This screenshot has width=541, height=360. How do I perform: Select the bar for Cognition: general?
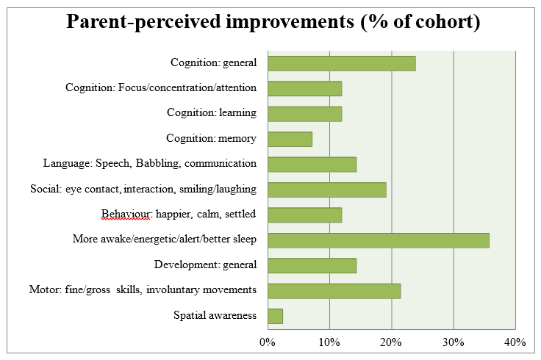coord(342,63)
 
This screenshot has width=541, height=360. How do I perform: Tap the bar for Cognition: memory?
coord(290,139)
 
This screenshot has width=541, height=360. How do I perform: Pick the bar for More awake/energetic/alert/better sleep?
coord(379,240)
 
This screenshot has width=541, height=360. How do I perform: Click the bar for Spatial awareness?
coord(276,315)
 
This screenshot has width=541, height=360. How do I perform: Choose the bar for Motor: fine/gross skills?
coord(334,290)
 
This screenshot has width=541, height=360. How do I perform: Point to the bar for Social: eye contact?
coord(327,190)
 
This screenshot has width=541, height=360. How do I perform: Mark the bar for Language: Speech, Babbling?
coord(312,164)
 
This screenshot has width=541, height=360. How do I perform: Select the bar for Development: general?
coord(312,265)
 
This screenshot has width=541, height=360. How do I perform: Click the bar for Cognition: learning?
coord(305,114)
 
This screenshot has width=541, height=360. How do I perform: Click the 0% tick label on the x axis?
coord(268,342)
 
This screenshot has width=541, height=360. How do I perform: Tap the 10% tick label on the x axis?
coord(329,342)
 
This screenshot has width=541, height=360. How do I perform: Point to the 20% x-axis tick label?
coord(391,342)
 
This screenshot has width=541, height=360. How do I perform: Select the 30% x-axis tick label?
coord(454,342)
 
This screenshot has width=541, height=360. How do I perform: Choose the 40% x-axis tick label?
coord(515,342)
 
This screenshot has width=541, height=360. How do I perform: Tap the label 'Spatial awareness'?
coord(215,316)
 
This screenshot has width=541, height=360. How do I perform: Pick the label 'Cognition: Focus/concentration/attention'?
coord(161,88)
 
